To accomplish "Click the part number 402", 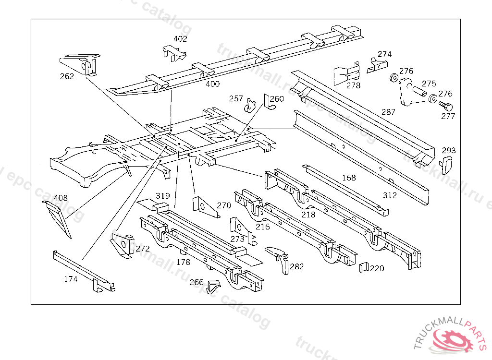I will pos(180,39).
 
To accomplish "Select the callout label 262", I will pos(67,76).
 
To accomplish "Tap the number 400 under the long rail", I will pos(212,84).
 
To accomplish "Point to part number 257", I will pos(236,98).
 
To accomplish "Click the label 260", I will pos(277,99).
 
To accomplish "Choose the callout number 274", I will pos(384,54).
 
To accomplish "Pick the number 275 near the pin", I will pos(429,84).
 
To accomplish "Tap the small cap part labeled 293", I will pos(447,165).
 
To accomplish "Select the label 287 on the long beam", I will pos(388,112).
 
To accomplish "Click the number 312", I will pos(390,195).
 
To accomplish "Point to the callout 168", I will pos(349,178).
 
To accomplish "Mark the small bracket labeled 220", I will pos(364,267).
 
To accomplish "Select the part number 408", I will pos(61,197).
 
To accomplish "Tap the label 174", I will pos(70,279).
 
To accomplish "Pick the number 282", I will pos(296,266).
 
